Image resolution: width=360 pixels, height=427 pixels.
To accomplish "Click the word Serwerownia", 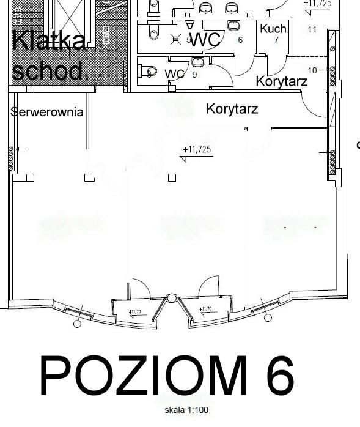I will [x=46, y=112].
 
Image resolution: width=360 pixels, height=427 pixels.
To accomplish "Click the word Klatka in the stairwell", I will [x=49, y=40].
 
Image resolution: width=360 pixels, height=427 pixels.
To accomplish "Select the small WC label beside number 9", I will [x=174, y=74].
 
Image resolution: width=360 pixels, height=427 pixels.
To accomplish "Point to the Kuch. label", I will [x=274, y=29].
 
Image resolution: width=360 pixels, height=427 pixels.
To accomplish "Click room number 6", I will [x=240, y=40].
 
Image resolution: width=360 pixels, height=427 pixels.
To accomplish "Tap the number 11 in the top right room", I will [x=312, y=29].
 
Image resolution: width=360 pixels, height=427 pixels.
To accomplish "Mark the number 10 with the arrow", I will [x=312, y=70].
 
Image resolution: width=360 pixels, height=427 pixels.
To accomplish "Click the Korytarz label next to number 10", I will [x=281, y=81].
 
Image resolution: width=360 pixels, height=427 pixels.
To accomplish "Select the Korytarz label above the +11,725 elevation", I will [x=232, y=110].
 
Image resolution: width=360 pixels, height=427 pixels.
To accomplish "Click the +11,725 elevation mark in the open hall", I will [x=197, y=149].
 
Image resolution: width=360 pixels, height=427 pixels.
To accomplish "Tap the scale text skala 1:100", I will [x=186, y=410].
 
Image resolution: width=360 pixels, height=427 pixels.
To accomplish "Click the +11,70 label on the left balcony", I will [x=136, y=311].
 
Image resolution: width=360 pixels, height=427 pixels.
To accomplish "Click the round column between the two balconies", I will [x=172, y=299].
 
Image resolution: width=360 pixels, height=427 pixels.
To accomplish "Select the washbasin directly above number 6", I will [x=233, y=24].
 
